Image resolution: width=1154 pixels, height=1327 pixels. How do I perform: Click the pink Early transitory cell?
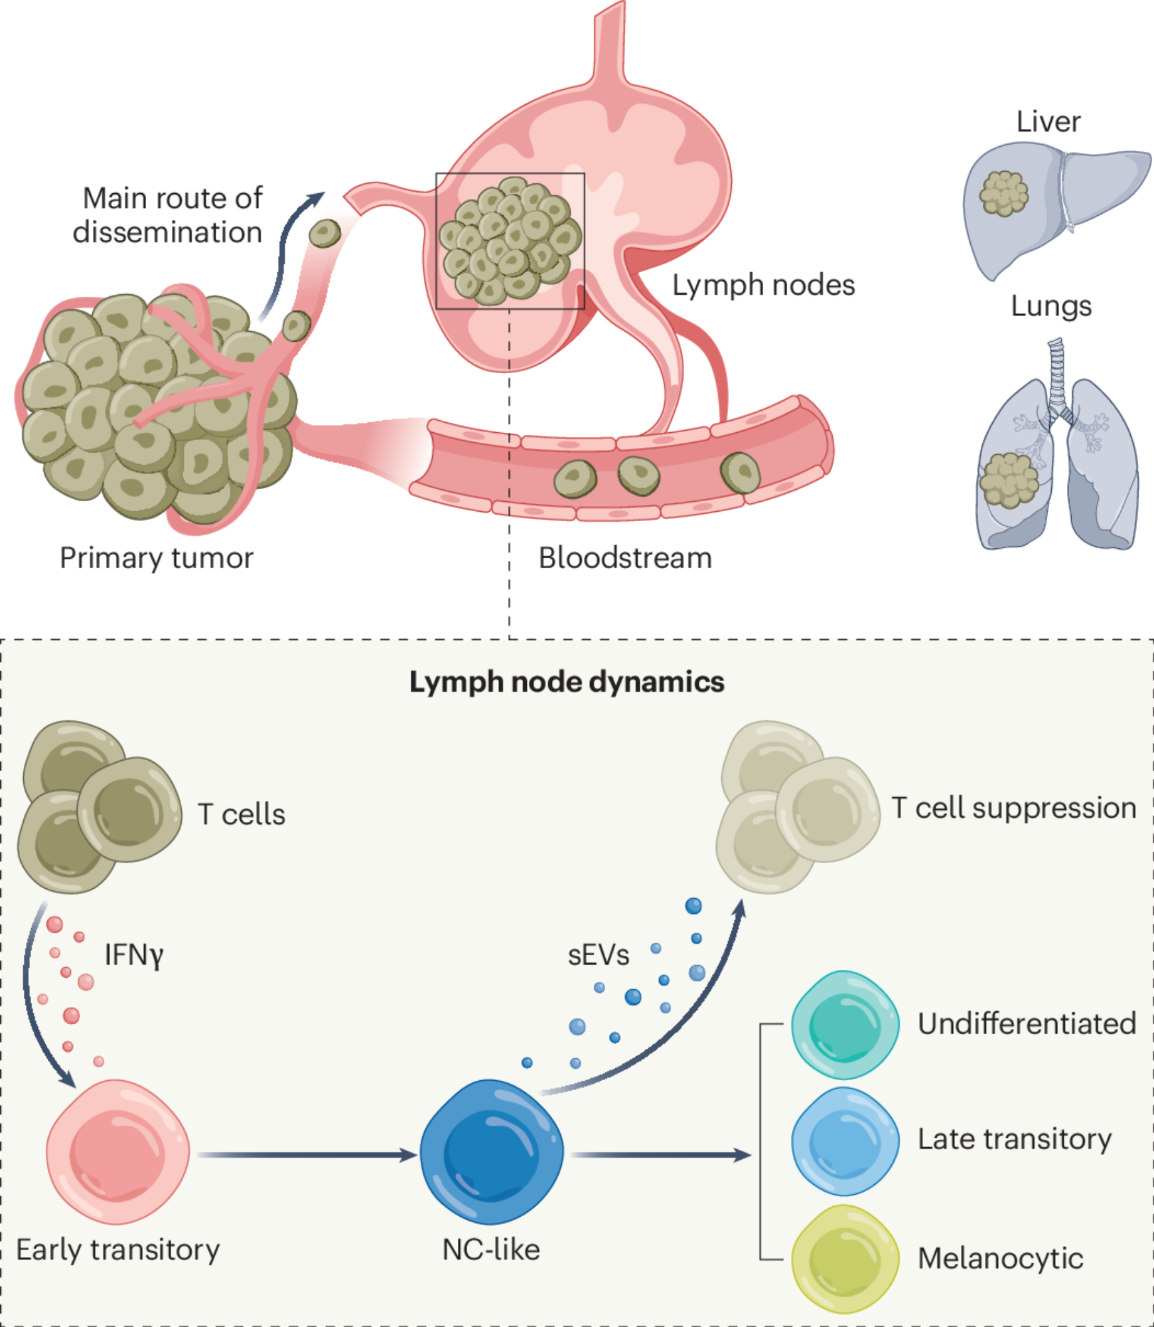click(117, 1151)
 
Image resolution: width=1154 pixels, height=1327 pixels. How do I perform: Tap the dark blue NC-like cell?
click(492, 1151)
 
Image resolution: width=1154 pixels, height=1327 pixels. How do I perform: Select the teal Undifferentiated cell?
click(845, 1024)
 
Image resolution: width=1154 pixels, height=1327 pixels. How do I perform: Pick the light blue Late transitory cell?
click(845, 1140)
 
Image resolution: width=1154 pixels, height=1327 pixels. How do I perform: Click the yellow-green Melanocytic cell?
click(845, 1258)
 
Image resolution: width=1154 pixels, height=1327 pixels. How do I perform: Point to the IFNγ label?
click(133, 955)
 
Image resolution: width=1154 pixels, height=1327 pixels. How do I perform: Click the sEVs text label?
click(598, 955)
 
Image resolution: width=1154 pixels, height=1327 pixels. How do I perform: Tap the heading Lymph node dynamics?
click(567, 682)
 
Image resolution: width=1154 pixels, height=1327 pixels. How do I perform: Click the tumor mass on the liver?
click(1003, 193)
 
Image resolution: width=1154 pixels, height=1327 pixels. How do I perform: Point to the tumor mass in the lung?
click(1009, 480)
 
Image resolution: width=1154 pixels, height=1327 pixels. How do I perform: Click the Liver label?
click(1048, 122)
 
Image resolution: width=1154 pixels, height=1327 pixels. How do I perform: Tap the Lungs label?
click(1051, 306)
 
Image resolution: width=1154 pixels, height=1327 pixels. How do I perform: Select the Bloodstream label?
click(625, 558)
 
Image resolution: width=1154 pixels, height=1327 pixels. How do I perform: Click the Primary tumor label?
click(157, 558)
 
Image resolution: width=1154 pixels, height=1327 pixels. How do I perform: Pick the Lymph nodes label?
click(763, 285)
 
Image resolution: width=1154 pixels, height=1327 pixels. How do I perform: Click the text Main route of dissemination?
click(169, 215)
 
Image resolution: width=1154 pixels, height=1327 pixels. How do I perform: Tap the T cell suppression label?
click(1013, 808)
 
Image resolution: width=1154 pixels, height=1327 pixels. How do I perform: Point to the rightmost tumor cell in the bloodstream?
click(740, 473)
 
